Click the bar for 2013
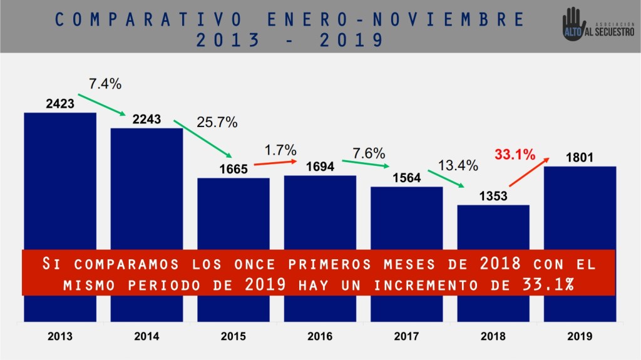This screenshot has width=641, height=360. click(x=60, y=182)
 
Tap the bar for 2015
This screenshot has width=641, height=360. click(x=233, y=213)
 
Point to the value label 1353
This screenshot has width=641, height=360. click(x=493, y=196)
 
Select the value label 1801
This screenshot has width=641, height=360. click(x=580, y=158)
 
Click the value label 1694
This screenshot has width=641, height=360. click(x=320, y=167)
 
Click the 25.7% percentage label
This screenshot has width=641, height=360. click(x=217, y=123)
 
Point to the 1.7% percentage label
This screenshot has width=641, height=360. click(x=280, y=151)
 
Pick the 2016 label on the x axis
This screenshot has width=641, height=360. click(x=320, y=336)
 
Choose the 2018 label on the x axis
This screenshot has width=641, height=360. click(x=493, y=336)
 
